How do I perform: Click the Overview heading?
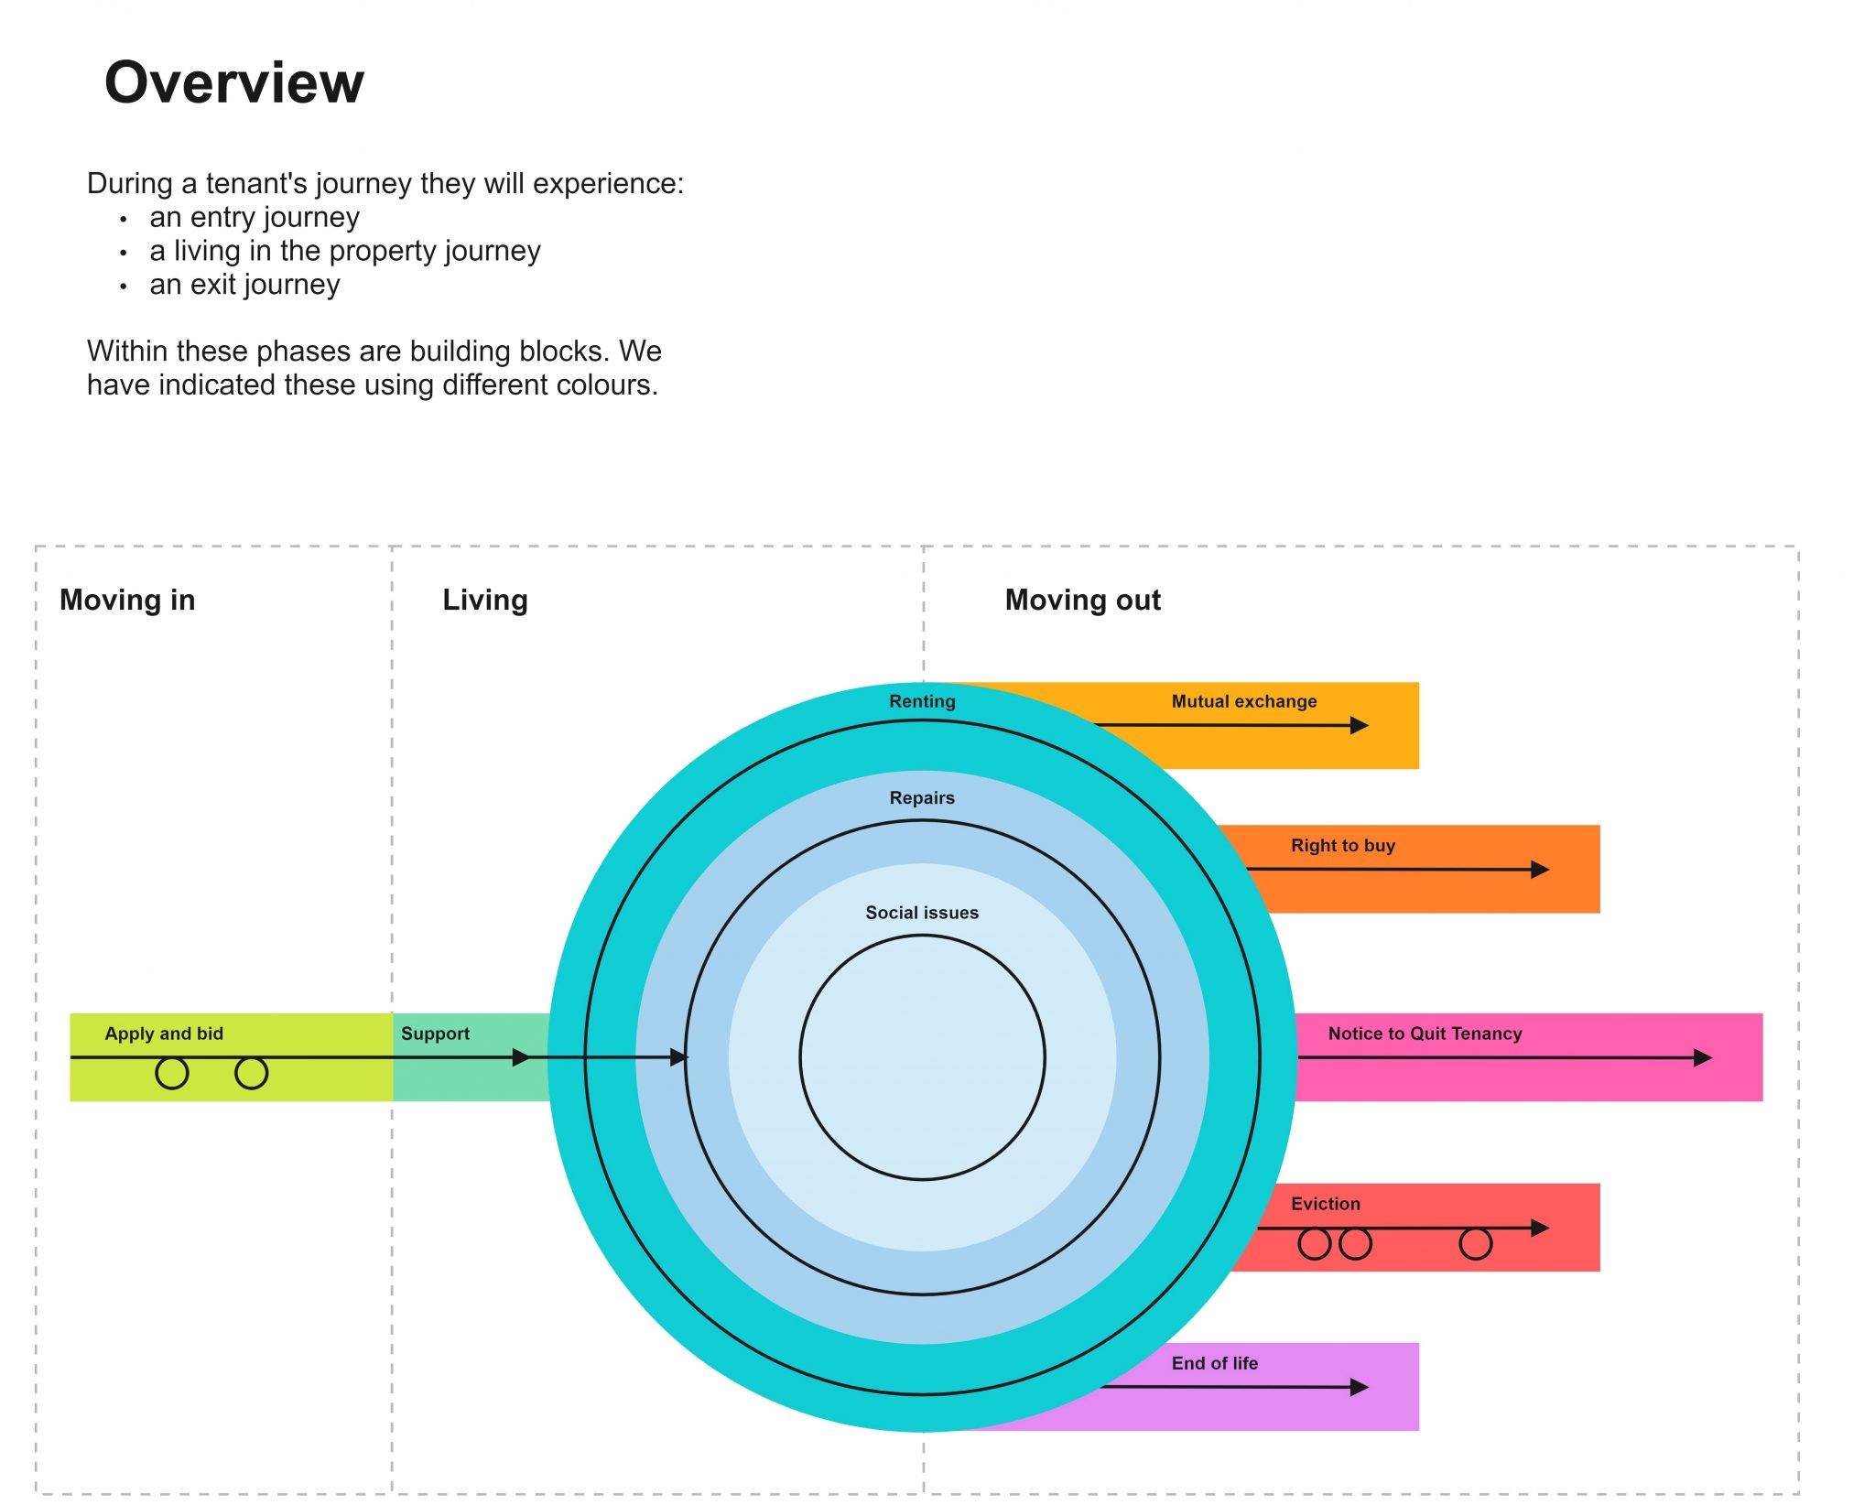coord(234,82)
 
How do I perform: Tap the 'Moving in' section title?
coord(127,600)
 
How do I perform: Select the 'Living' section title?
coord(484,600)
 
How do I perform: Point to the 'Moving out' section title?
coord(1082,600)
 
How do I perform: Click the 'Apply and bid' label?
coord(164,1034)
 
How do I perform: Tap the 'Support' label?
coord(435,1034)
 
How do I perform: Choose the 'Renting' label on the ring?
coord(922,701)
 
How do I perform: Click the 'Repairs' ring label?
coord(922,797)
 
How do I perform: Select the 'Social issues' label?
coord(922,913)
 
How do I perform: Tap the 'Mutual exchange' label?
coord(1244,701)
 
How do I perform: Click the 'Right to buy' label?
coord(1343,845)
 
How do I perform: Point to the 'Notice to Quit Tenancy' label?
coord(1425,1034)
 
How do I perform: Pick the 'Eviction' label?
coord(1326,1204)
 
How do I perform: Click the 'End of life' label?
coord(1215,1363)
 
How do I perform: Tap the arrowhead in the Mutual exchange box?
coord(1360,726)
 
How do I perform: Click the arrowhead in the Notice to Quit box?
coord(1703,1058)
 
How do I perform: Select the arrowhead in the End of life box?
coord(1360,1388)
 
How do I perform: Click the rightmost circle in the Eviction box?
coord(1475,1244)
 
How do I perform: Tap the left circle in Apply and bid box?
coord(172,1073)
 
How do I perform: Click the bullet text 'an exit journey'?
coord(244,285)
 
